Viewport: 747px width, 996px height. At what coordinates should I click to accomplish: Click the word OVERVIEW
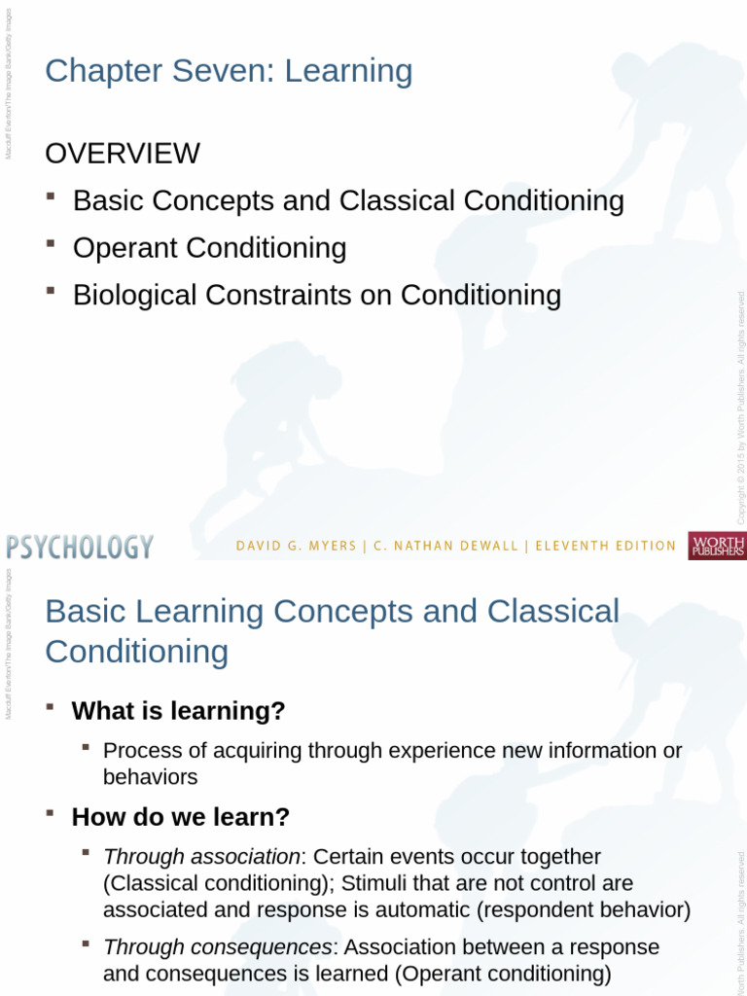[x=123, y=154]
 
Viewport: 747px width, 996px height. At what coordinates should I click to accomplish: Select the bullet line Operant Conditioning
[x=209, y=248]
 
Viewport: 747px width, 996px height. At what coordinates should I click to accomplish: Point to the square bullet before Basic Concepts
[x=50, y=196]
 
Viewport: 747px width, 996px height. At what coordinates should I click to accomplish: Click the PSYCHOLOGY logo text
[x=80, y=547]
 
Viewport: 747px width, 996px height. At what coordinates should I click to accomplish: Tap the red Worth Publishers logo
[x=717, y=546]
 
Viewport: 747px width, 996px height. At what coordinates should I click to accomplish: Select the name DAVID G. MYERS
[x=296, y=547]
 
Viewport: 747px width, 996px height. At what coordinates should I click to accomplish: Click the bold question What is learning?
[x=179, y=711]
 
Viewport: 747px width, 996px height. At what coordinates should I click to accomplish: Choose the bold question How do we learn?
[x=181, y=816]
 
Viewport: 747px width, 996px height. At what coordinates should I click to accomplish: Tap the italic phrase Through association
[x=201, y=857]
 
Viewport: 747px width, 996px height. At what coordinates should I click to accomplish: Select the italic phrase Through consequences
[x=217, y=947]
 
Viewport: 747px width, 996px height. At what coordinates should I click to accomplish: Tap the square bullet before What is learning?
[x=50, y=707]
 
